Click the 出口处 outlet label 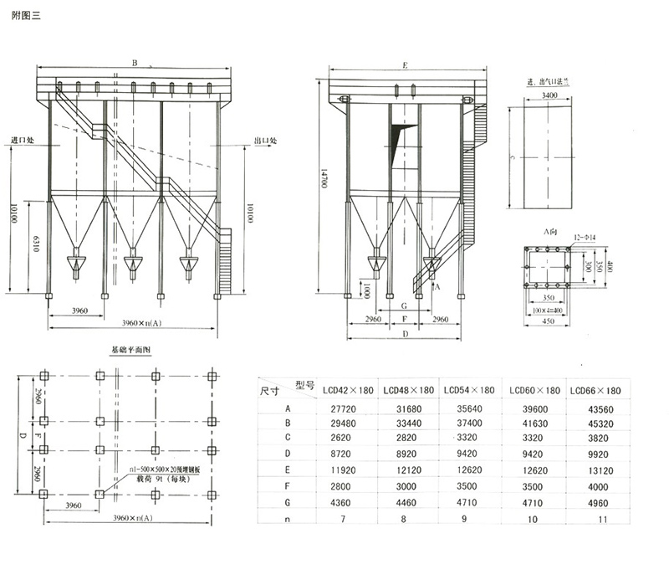265,141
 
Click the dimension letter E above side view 404,64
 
